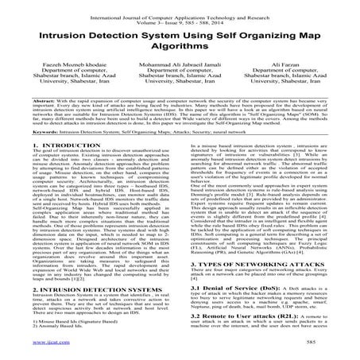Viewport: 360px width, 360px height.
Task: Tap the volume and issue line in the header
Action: (x=180, y=14)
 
